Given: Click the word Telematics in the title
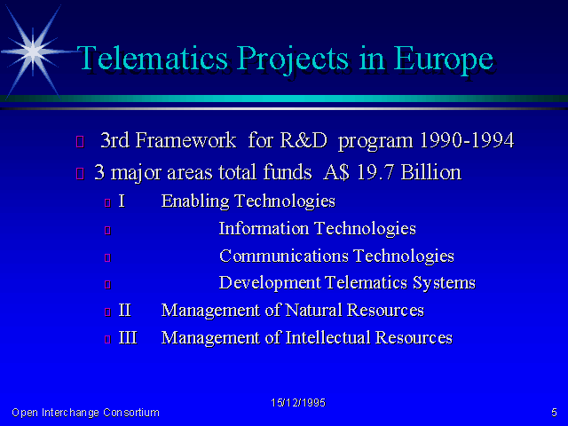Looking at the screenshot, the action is tap(152, 58).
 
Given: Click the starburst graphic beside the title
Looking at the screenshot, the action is tap(33, 52).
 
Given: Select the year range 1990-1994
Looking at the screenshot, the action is tap(467, 140).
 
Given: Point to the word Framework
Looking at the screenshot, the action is tap(185, 140).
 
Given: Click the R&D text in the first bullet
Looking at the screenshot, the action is tap(304, 140).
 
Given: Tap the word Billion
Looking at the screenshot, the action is tap(431, 172).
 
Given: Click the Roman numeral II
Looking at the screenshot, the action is tap(124, 310).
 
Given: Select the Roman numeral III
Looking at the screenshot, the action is tap(128, 337).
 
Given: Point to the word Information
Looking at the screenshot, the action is tap(264, 229).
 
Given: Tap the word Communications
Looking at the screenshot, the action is tap(284, 256).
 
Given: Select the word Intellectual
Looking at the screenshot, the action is tap(327, 337).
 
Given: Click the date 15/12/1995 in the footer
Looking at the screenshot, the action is tap(298, 403).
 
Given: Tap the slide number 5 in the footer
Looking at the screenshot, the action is tap(554, 413).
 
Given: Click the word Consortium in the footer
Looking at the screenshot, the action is tap(131, 413).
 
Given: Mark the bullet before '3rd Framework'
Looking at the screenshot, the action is tap(80, 142).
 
